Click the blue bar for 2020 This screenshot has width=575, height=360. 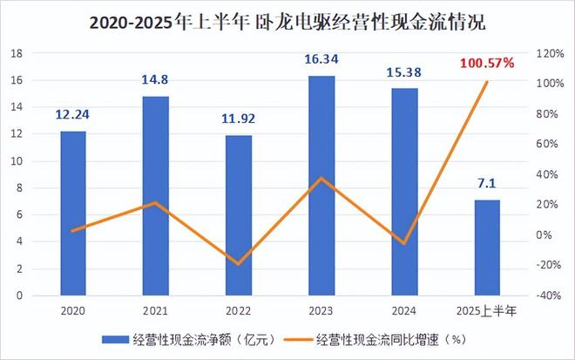(72, 214)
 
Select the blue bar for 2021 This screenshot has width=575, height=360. (155, 196)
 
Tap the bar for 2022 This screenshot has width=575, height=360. (238, 215)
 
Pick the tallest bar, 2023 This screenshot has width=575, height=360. (321, 186)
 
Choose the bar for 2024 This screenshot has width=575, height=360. (404, 192)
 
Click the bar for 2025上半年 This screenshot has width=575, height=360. (487, 248)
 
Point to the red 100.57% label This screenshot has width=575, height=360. (486, 63)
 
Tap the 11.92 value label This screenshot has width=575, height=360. (238, 119)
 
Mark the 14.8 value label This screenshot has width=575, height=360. (155, 81)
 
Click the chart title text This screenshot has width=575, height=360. (287, 20)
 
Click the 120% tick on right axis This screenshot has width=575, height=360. (551, 53)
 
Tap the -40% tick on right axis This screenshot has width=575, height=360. (551, 295)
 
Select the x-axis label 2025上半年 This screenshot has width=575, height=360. (487, 310)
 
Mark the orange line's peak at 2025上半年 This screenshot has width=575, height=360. (487, 82)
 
